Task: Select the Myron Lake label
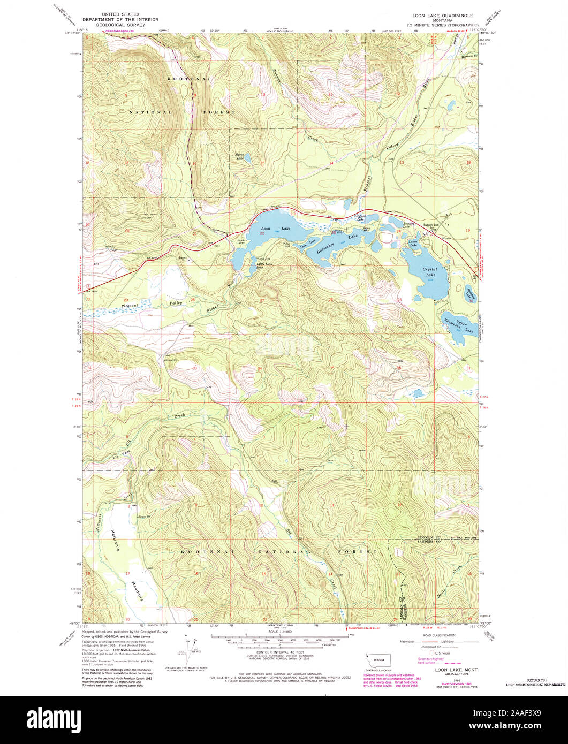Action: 240,157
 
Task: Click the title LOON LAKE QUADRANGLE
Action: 441,16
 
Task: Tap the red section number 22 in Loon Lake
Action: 262,233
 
